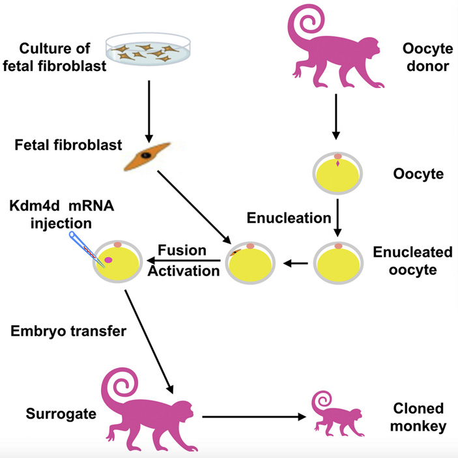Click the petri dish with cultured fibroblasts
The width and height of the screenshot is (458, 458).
pyautogui.click(x=149, y=50)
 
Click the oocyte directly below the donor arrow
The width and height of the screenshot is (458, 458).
pyautogui.click(x=337, y=175)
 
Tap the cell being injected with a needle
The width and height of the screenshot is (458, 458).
pyautogui.click(x=118, y=263)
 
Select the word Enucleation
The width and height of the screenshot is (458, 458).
pyautogui.click(x=289, y=218)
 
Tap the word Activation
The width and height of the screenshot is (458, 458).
pyautogui.click(x=184, y=269)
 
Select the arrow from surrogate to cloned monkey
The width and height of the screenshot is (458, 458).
pyautogui.click(x=253, y=415)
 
